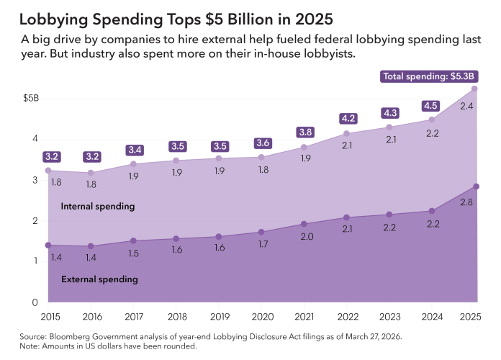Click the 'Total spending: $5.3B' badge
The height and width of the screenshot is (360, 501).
tap(430, 76)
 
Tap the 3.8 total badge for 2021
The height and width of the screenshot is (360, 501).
tap(304, 132)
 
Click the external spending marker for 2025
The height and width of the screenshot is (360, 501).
tap(476, 187)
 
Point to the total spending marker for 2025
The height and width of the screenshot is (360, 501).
tap(476, 89)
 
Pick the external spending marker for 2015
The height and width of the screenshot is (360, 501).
tap(48, 246)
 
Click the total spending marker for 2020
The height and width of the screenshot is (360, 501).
tap(261, 157)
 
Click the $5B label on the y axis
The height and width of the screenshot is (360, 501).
tap(31, 98)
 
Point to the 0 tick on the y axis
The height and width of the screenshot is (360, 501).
tap(34, 302)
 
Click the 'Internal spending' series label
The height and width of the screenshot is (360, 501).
tap(97, 207)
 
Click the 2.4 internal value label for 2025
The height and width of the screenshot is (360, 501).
tap(466, 107)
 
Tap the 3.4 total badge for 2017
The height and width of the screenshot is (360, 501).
tap(134, 150)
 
